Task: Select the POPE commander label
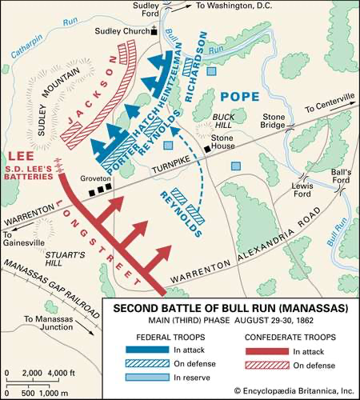[x=245, y=97]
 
